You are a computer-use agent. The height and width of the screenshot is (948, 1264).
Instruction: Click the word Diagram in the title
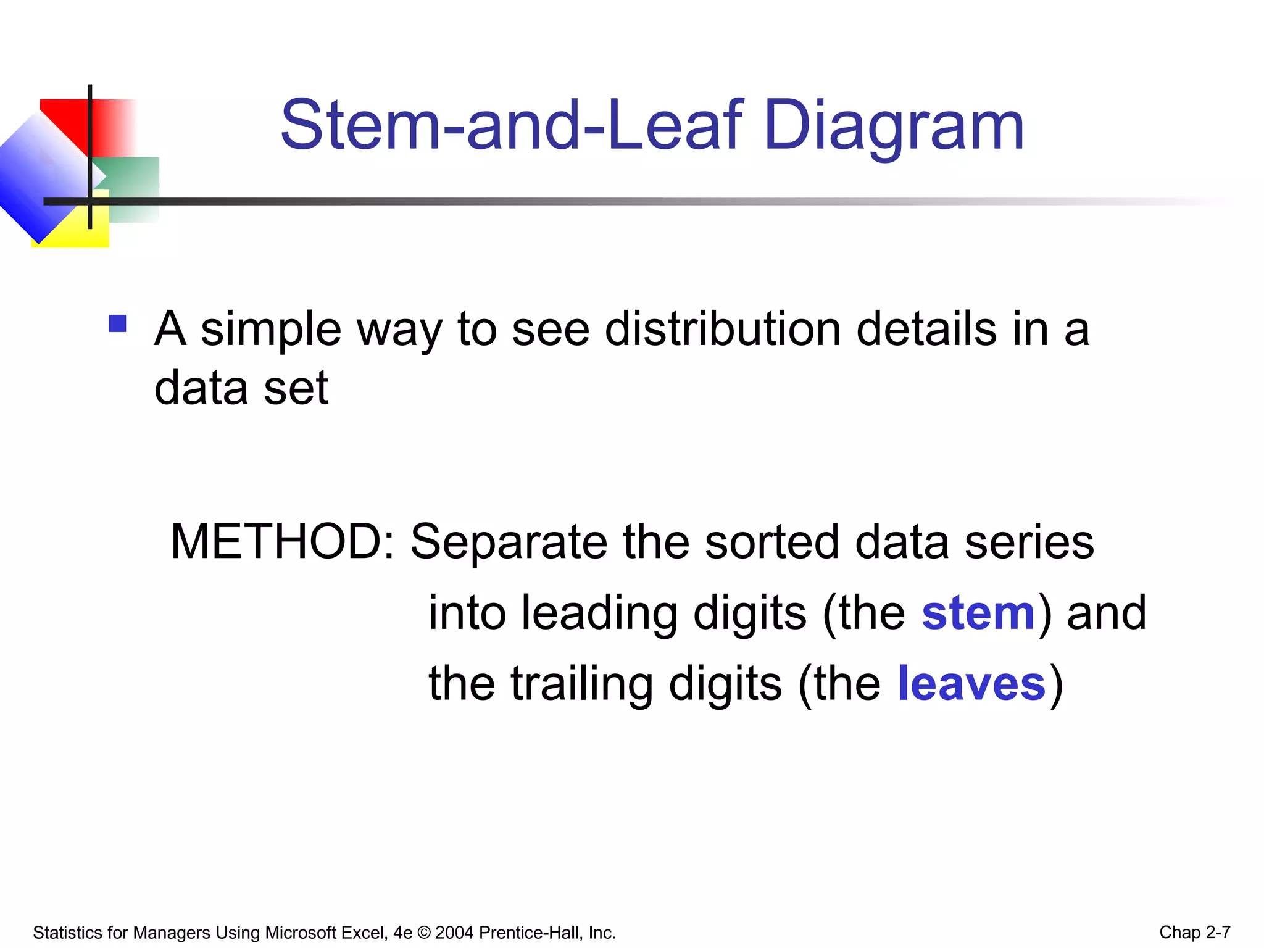[894, 127]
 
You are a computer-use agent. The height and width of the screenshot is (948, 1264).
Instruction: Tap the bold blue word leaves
[971, 684]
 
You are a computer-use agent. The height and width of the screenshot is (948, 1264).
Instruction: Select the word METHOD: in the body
[282, 541]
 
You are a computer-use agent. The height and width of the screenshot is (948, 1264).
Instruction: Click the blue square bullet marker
[117, 323]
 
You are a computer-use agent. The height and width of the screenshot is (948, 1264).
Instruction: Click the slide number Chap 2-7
[1194, 932]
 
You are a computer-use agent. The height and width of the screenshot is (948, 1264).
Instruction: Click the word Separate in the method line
[508, 541]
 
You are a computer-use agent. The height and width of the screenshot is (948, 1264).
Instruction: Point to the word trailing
[581, 684]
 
